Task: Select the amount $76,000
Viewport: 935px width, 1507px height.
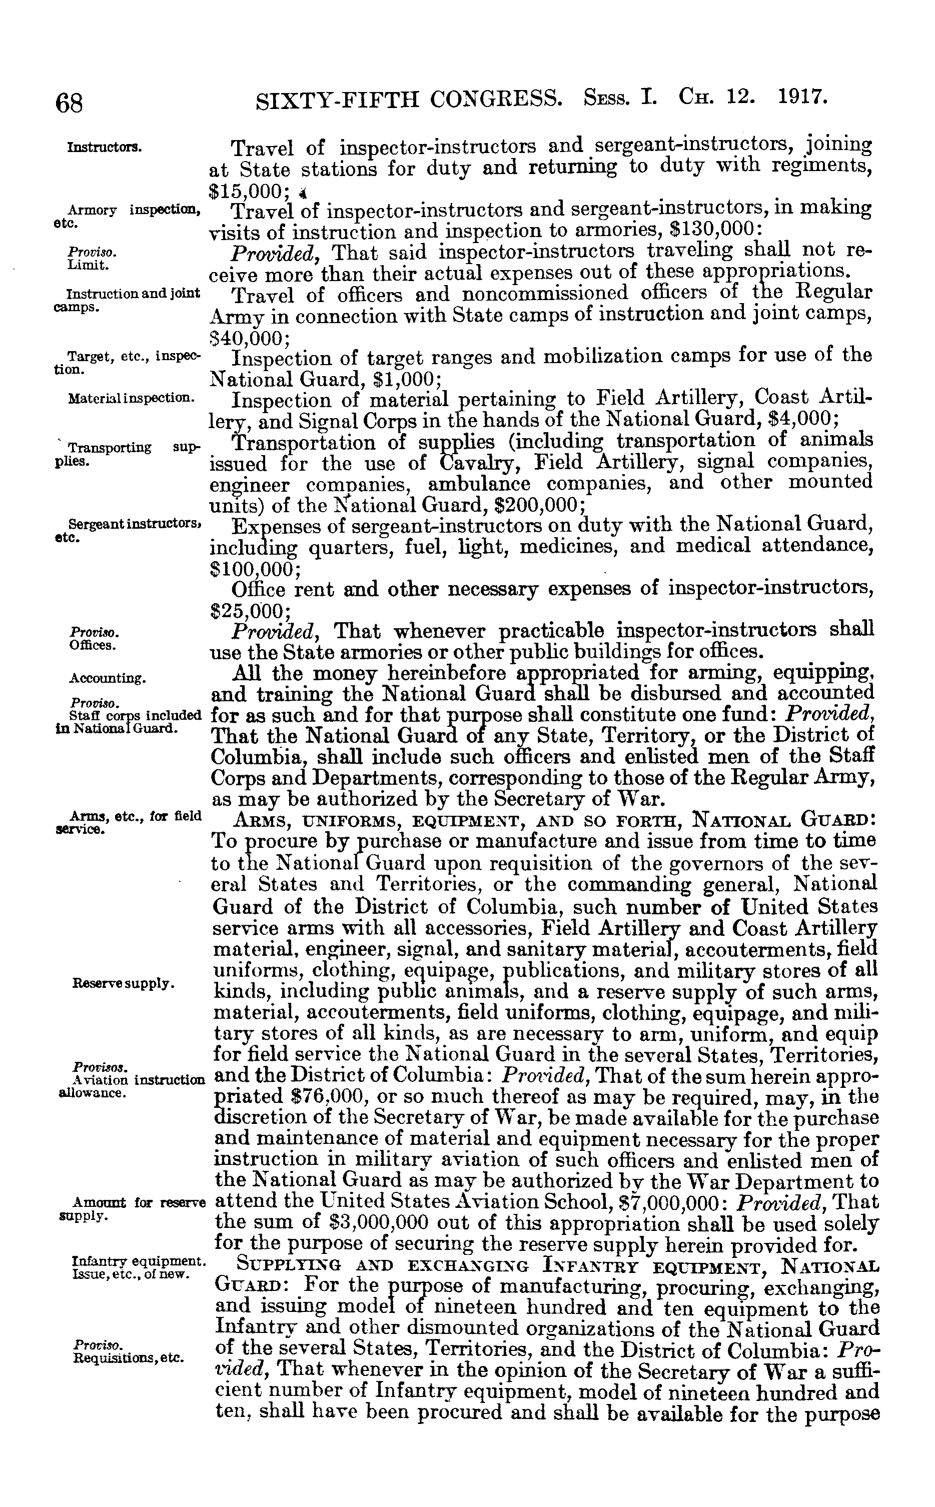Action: [x=329, y=1096]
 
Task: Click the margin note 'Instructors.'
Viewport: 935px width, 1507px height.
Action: [x=105, y=148]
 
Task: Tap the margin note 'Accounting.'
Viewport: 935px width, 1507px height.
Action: [x=107, y=679]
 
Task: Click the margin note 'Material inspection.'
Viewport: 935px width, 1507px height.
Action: [x=131, y=399]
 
